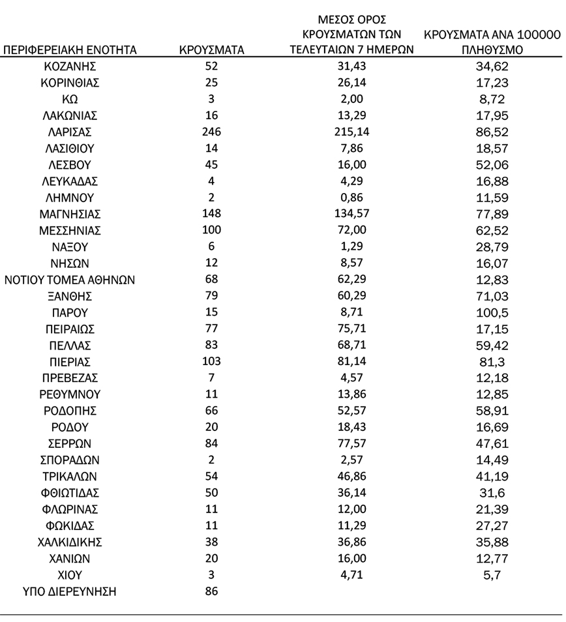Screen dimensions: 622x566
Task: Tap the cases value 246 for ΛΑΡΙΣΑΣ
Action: [211, 132]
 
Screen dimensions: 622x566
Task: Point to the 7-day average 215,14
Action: [352, 132]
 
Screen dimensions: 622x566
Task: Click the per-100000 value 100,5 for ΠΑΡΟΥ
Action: [493, 313]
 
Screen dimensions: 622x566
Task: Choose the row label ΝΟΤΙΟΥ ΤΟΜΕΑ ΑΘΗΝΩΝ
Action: [70, 280]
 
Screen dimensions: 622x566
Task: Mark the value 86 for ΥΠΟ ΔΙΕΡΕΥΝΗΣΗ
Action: [211, 592]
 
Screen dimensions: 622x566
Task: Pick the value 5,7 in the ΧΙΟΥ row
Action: [493, 576]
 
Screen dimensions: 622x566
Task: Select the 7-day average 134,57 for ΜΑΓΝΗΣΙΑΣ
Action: [352, 214]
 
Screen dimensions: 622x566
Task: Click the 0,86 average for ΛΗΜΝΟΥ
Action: [352, 198]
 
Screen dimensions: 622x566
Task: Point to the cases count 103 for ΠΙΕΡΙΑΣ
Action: [211, 361]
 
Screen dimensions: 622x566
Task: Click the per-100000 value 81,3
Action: [493, 362]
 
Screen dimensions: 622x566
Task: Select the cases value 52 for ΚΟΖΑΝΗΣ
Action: [211, 66]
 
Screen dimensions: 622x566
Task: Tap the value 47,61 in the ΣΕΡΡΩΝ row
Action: [493, 444]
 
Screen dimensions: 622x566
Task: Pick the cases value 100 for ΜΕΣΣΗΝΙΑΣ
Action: [211, 230]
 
